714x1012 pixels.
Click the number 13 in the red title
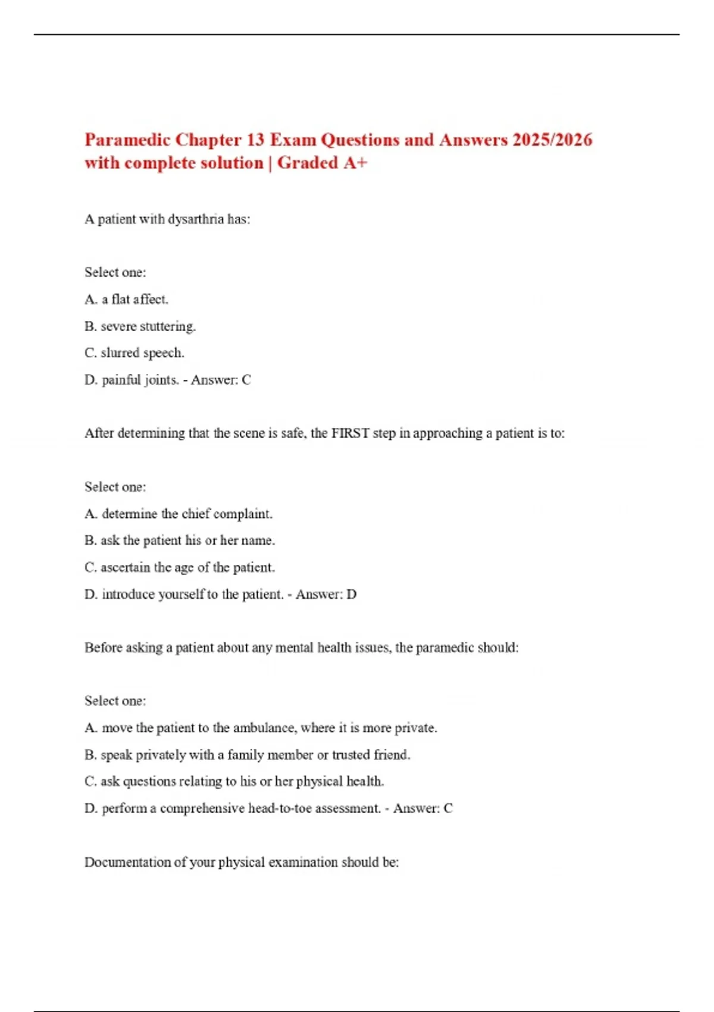[x=255, y=140]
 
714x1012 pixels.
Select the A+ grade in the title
[x=356, y=163]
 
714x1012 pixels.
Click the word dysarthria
[x=196, y=219]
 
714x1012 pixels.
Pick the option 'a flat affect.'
[x=134, y=299]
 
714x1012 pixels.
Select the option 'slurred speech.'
[x=142, y=353]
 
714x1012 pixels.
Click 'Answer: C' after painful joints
[x=221, y=380]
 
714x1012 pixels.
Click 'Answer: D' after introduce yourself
[x=326, y=594]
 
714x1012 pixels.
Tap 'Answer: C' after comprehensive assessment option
[x=422, y=808]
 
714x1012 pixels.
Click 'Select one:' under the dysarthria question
[x=115, y=273]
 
